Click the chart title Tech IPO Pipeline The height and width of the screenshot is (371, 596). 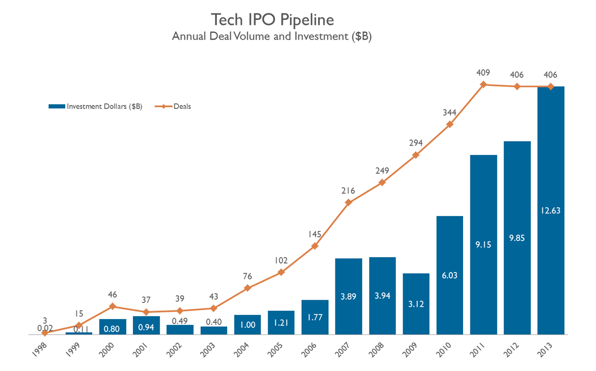[x=272, y=20]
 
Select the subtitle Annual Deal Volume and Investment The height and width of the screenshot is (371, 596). [x=272, y=36]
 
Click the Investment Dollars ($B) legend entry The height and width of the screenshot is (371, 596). [x=95, y=106]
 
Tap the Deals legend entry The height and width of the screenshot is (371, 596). [x=174, y=106]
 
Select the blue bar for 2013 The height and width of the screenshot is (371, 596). [x=550, y=210]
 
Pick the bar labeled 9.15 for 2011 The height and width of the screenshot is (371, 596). [x=483, y=245]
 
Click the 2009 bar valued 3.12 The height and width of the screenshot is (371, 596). [x=416, y=304]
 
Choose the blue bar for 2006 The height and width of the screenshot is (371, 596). [x=315, y=317]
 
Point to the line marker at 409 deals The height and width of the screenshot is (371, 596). [x=483, y=84]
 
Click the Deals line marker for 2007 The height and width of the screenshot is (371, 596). [x=349, y=202]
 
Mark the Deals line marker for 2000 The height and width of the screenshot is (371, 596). [x=112, y=306]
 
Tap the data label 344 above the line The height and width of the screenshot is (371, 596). [x=450, y=112]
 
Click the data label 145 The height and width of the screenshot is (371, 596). [x=315, y=235]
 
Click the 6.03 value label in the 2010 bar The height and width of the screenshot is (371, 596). [x=450, y=275]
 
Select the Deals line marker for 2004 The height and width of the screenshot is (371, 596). [x=248, y=288]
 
